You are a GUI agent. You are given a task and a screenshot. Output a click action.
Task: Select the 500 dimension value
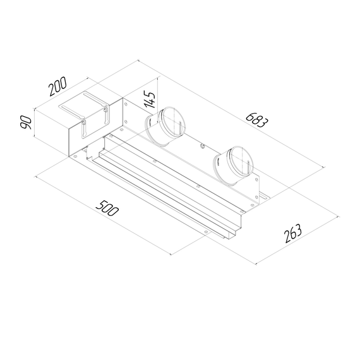108,209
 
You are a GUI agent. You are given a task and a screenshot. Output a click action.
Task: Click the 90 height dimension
27,122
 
